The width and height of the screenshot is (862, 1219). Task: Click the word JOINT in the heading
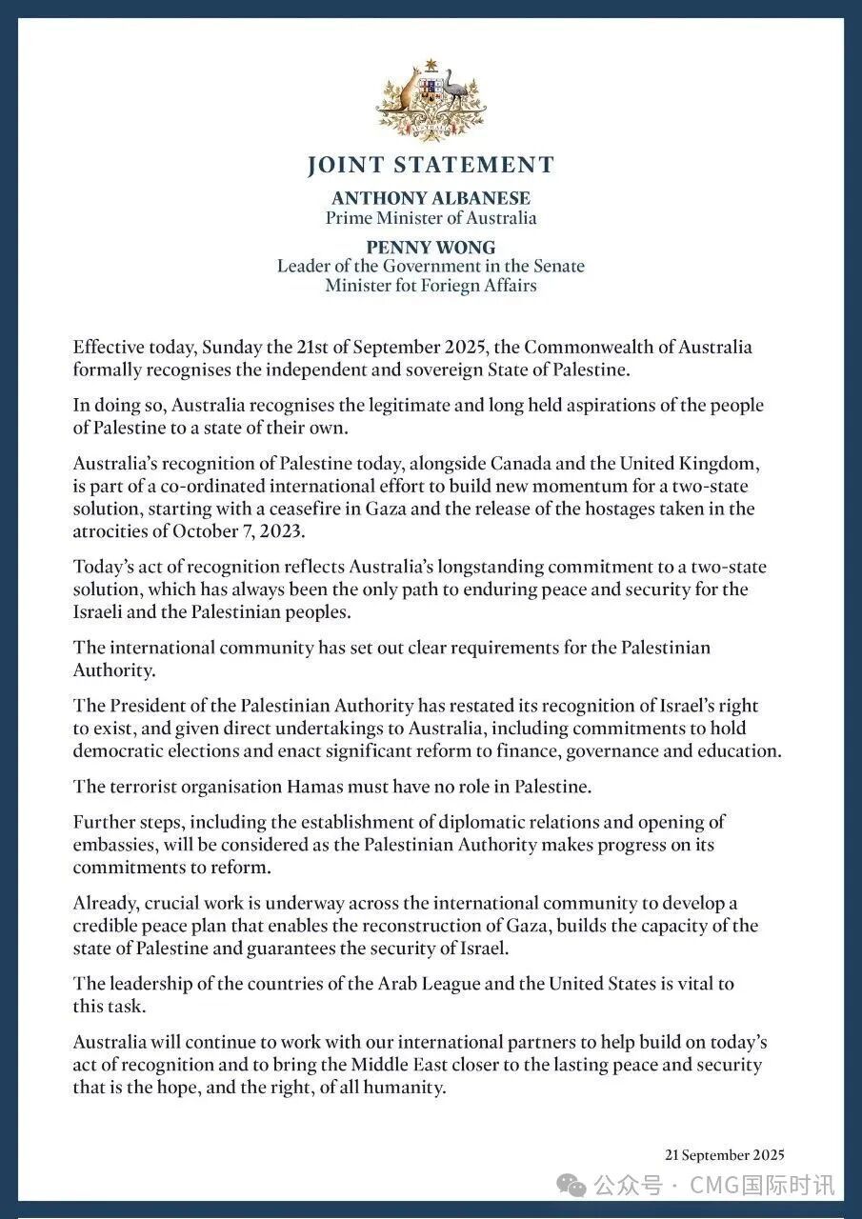point(344,166)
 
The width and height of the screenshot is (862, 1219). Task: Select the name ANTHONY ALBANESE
point(431,198)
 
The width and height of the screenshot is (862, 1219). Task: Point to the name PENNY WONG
point(431,248)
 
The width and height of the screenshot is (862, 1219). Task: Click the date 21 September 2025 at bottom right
point(724,1155)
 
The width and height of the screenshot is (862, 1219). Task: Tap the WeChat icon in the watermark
point(573,1185)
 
